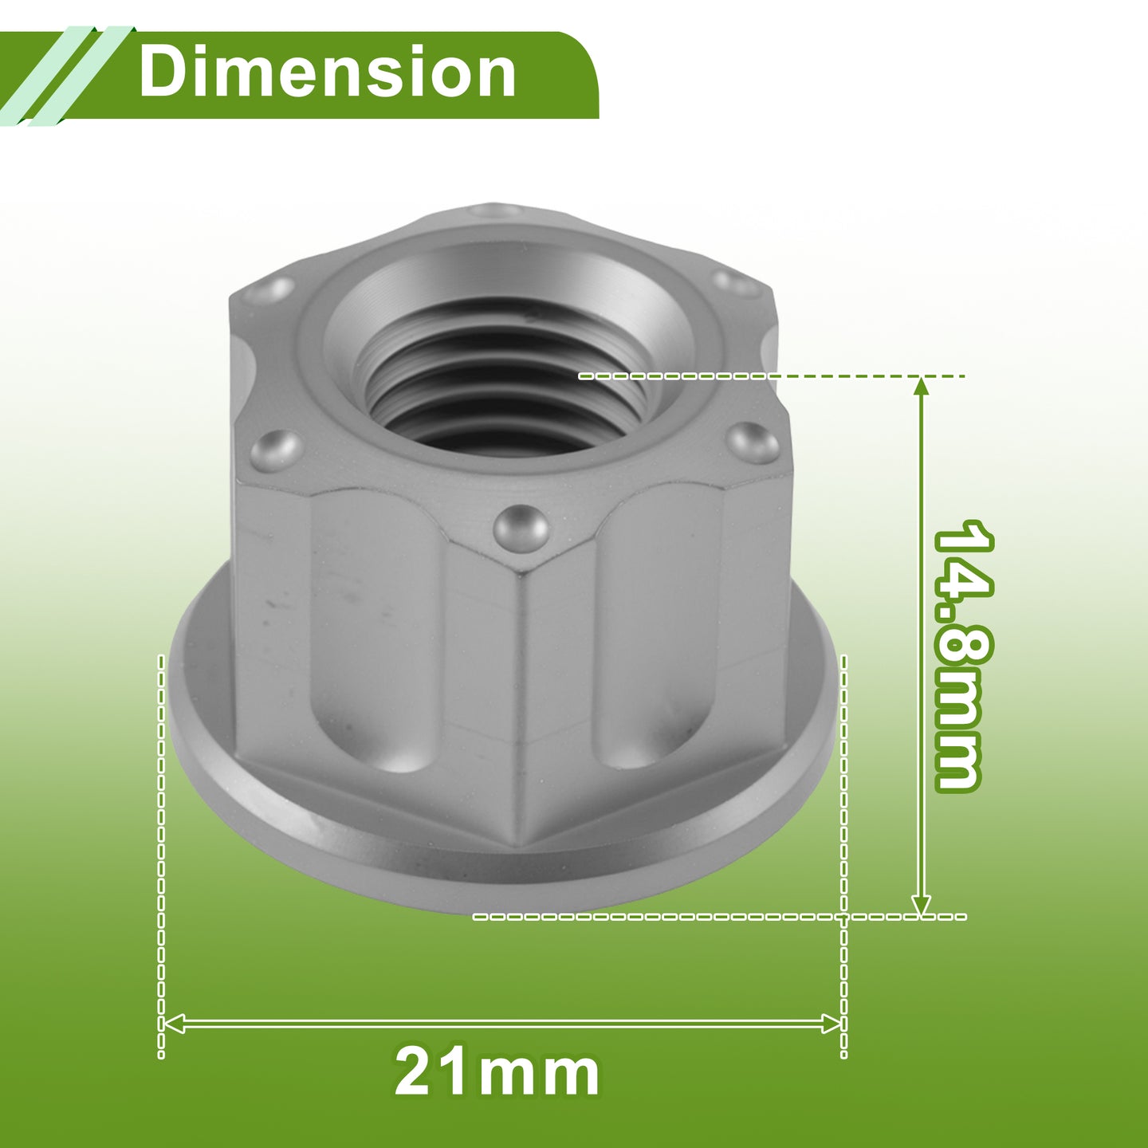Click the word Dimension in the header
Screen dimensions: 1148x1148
pyautogui.click(x=327, y=72)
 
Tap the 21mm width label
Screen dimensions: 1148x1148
pyautogui.click(x=497, y=1073)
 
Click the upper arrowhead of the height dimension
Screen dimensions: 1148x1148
pyautogui.click(x=921, y=387)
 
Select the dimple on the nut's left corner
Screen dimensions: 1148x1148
pyautogui.click(x=275, y=448)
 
